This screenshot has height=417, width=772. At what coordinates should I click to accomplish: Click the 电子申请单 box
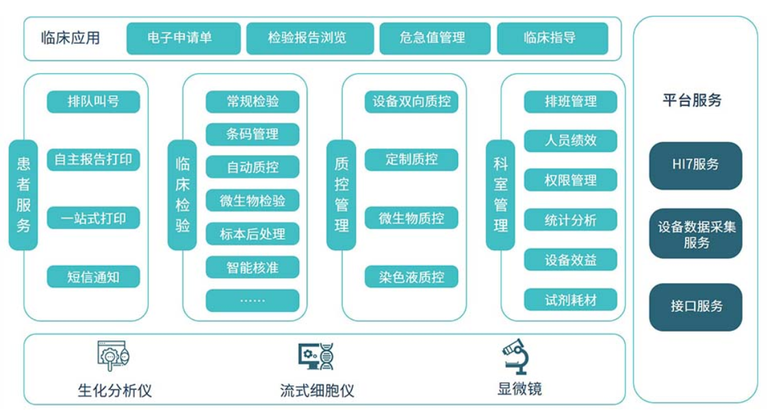(183, 38)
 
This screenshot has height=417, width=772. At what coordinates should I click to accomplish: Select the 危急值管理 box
(435, 38)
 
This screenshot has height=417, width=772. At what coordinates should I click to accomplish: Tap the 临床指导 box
(552, 38)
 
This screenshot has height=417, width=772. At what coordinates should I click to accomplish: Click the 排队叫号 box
(93, 102)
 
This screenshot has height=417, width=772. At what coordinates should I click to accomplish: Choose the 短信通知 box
(93, 277)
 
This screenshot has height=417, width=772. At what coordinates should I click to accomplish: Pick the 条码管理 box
(253, 134)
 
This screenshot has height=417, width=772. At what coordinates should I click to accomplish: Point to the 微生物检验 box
(253, 200)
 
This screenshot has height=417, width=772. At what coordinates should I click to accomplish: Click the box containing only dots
(253, 300)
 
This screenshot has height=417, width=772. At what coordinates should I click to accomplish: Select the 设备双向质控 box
(411, 102)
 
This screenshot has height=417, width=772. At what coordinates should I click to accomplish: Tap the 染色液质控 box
(411, 277)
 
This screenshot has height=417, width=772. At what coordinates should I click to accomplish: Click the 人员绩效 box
(571, 141)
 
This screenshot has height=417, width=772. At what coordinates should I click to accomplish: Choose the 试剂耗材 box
(571, 299)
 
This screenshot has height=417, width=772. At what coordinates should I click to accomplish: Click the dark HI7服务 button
(695, 165)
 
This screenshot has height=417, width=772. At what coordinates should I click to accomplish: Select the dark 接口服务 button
(695, 307)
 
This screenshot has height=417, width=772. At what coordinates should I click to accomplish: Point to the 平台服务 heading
(692, 100)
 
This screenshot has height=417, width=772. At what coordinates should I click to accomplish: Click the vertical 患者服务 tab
(23, 195)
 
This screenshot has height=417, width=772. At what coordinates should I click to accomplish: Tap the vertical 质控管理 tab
(341, 195)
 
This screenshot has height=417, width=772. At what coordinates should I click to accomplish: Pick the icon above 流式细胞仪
(316, 357)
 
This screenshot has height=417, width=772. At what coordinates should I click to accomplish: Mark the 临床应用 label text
(70, 38)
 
